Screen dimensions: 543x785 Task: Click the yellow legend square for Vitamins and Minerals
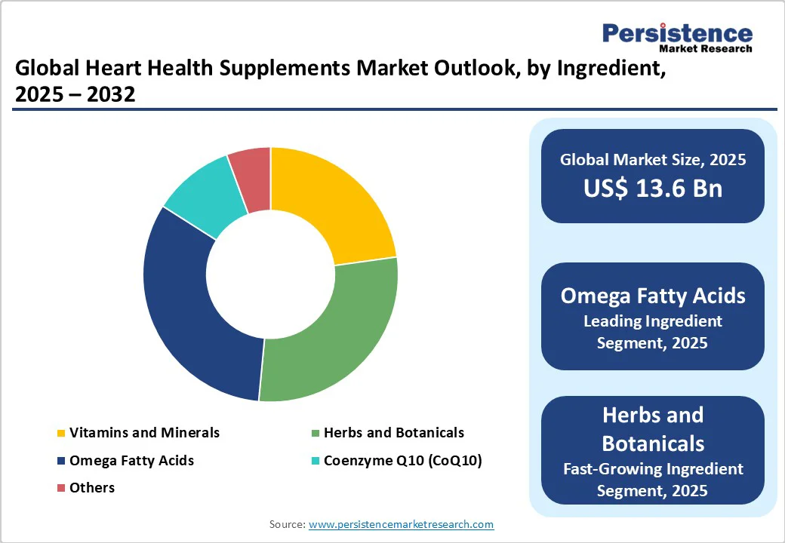coord(60,433)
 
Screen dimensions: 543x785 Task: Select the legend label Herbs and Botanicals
coord(393,432)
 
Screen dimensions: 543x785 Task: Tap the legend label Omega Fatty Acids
coord(131,460)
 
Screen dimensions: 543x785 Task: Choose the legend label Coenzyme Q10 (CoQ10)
coord(402,460)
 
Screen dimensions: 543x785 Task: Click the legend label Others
coord(92,487)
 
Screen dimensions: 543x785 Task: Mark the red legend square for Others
coord(60,488)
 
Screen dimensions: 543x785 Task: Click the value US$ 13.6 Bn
coord(653,189)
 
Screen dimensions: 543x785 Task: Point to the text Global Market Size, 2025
coord(653,159)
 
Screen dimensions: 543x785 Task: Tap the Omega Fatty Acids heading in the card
coord(653,295)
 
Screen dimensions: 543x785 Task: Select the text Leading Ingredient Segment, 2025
coord(653,332)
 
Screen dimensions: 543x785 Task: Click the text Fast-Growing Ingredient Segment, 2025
coord(653,480)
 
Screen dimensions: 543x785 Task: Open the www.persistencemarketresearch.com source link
coord(402,524)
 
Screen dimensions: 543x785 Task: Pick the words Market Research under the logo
coord(705,49)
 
